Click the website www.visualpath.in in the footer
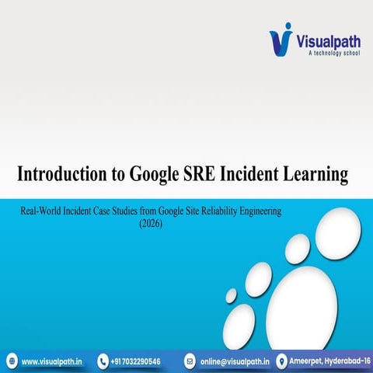pos(53,361)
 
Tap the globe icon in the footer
pos(11,361)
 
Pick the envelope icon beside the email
pos(190,361)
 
